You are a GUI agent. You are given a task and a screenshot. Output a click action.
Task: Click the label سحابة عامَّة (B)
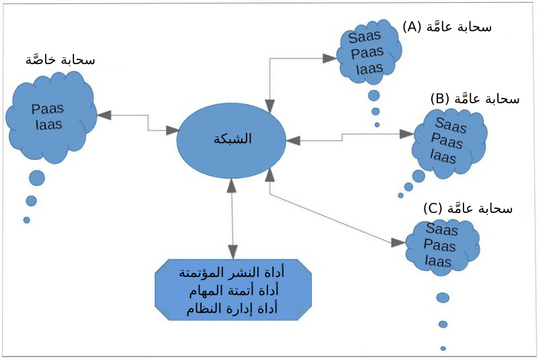(475, 98)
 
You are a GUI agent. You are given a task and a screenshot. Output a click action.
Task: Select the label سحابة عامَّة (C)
(468, 208)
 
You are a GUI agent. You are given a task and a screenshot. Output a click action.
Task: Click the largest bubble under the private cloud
(36, 178)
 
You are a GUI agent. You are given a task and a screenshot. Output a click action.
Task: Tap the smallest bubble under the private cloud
(26, 220)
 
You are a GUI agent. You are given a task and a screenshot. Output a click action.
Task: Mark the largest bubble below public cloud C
(443, 297)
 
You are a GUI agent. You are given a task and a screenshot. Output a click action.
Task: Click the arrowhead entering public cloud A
(330, 59)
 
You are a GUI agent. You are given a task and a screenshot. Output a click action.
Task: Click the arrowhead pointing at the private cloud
(104, 115)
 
